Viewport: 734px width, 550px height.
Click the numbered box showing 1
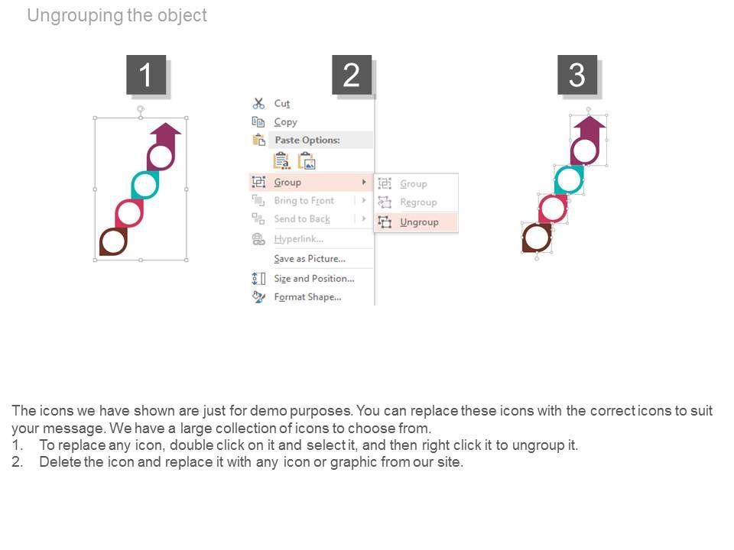pyautogui.click(x=146, y=75)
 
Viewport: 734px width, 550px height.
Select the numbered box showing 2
pyautogui.click(x=352, y=75)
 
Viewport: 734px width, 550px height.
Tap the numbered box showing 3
pyautogui.click(x=577, y=75)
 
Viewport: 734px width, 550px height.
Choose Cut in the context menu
pyautogui.click(x=282, y=103)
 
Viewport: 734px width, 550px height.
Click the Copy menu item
pyautogui.click(x=285, y=122)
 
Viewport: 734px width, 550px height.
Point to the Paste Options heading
pyautogui.click(x=307, y=140)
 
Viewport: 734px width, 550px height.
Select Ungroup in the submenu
pyautogui.click(x=419, y=222)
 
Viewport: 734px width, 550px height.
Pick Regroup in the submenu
pyautogui.click(x=418, y=202)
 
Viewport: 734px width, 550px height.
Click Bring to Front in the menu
pyautogui.click(x=304, y=201)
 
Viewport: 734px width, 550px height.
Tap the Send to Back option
pyautogui.click(x=302, y=219)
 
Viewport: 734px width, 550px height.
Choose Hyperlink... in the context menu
pyautogui.click(x=299, y=239)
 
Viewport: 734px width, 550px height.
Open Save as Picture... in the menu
pyautogui.click(x=310, y=259)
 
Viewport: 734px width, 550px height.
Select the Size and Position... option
pyautogui.click(x=314, y=278)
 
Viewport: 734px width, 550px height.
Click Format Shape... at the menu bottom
pyautogui.click(x=307, y=297)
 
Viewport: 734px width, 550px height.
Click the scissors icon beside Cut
pyautogui.click(x=258, y=103)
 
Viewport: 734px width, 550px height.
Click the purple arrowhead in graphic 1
pyautogui.click(x=165, y=129)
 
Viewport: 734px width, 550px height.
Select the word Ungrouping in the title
pyautogui.click(x=75, y=15)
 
